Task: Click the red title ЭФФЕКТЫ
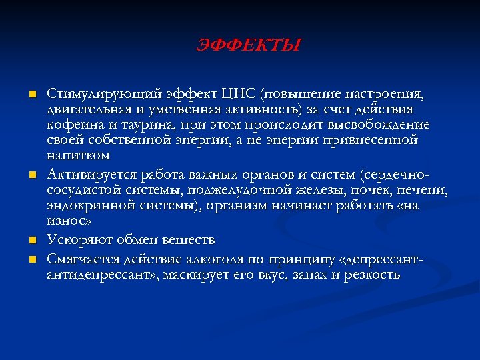[x=249, y=46]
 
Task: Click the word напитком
[x=79, y=157]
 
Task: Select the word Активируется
[x=91, y=174]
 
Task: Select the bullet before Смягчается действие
[x=31, y=257]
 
